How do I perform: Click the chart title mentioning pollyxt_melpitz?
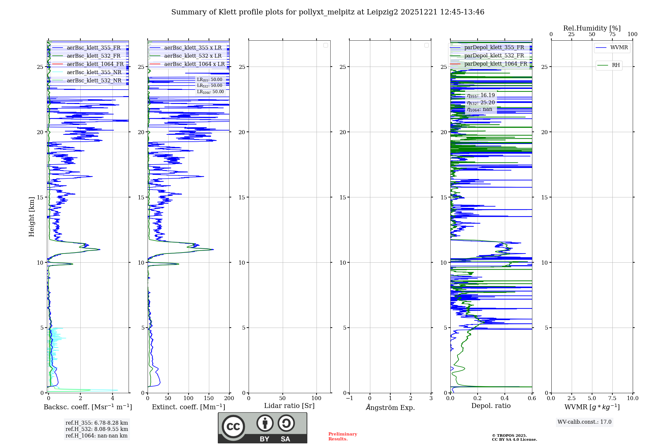pos(328,12)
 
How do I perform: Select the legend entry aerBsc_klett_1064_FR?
pos(95,64)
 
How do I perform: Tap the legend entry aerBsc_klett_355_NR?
pos(94,72)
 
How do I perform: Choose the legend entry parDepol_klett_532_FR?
pos(494,56)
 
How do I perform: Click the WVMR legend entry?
pos(619,48)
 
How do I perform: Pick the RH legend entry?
pos(616,65)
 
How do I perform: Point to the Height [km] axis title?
pos(31,217)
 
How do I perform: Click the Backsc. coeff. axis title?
pos(88,407)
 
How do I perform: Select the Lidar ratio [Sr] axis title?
pos(289,406)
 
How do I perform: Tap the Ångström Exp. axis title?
pos(390,407)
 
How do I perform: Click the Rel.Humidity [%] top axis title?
pos(592,28)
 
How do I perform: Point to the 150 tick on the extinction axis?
pos(209,398)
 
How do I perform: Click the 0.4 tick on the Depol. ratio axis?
pos(505,398)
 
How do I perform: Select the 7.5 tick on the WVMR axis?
pos(612,398)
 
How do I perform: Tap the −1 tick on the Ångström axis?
pos(349,398)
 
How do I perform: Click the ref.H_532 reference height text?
pos(97,429)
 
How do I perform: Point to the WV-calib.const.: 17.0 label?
pos(584,422)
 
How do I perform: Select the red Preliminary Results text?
pos(342,436)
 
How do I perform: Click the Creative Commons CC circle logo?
pos(233,427)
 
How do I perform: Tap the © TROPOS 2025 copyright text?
pos(509,436)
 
